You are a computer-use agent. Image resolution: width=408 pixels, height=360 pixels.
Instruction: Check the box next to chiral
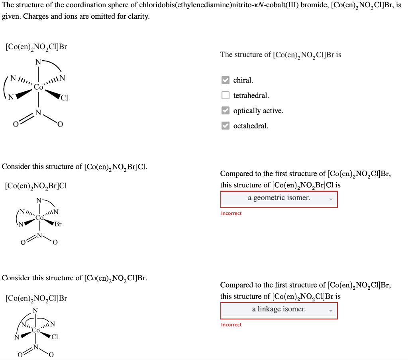pos(226,80)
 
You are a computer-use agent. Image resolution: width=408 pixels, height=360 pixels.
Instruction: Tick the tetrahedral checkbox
pos(226,95)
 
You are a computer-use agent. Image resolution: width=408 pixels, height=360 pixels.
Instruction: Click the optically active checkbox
pos(226,110)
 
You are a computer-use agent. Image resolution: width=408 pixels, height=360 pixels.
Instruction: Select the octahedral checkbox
pos(226,126)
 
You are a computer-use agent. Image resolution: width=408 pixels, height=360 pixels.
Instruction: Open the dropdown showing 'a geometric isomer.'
pos(279,198)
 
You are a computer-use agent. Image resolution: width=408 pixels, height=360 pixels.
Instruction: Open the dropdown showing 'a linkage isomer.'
pos(279,309)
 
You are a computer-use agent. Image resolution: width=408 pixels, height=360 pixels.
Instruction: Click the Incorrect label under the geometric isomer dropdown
pos(231,213)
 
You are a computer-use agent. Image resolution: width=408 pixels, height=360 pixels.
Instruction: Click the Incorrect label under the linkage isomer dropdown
pos(231,325)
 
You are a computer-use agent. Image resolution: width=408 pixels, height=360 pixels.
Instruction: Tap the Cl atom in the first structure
pos(65,98)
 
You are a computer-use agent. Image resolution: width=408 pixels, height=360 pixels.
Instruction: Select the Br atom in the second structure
pos(58,224)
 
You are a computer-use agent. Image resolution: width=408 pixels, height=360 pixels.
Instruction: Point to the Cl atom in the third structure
pos(55,337)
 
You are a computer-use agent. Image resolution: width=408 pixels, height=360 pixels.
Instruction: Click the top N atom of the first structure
pos(38,62)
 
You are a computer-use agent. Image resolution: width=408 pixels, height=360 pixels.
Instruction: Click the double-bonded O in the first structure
pos(16,124)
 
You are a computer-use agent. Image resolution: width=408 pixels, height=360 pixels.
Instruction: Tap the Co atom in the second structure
pos(39,218)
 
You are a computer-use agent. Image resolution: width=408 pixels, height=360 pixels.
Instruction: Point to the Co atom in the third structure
pos(36,330)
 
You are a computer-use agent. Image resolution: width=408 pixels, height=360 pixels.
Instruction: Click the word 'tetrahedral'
pos(251,96)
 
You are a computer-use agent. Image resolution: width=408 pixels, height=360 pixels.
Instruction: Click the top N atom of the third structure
pos(35,311)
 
